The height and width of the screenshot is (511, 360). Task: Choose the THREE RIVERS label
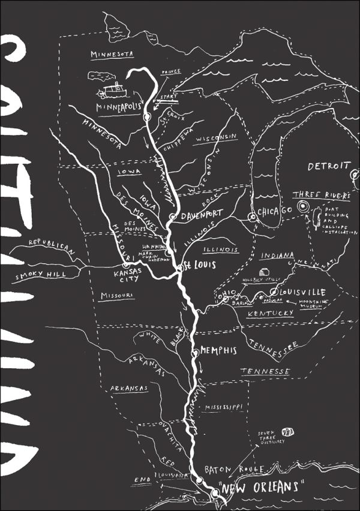pyautogui.click(x=321, y=196)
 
